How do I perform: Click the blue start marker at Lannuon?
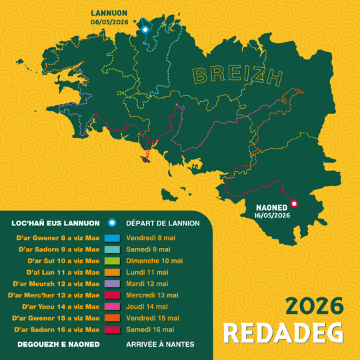[143, 29]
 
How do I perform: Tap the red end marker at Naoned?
[295, 204]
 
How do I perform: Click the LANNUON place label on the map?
[109, 13]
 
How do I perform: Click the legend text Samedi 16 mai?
[151, 329]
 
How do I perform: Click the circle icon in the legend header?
[113, 223]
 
